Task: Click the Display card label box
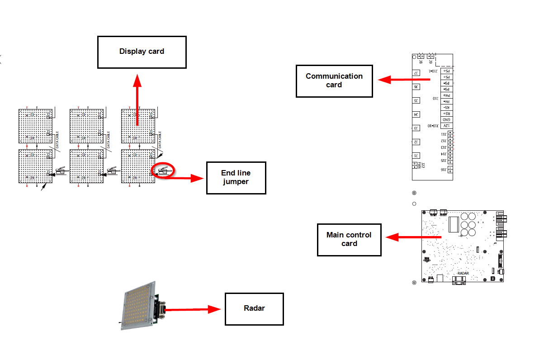click(x=142, y=52)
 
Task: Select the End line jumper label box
click(x=236, y=177)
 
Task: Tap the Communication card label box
click(x=334, y=81)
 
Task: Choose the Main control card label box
click(x=349, y=239)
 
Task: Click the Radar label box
click(x=254, y=308)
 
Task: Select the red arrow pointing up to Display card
click(x=137, y=99)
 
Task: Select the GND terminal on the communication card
click(x=446, y=119)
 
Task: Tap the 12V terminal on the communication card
click(x=446, y=126)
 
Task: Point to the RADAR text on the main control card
click(x=463, y=273)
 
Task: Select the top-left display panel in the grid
click(x=35, y=125)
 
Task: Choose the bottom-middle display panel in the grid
click(x=86, y=166)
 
